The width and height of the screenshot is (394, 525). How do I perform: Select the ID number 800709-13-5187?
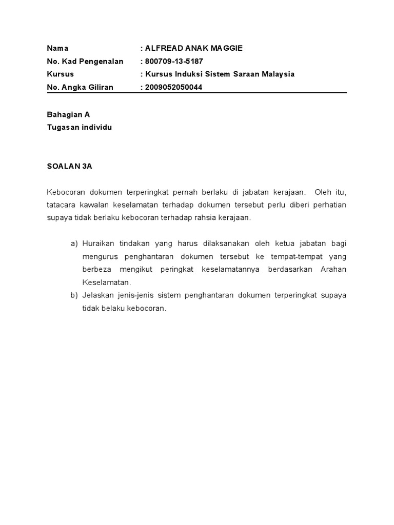pos(174,62)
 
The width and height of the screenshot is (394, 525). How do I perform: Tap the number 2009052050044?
pos(174,87)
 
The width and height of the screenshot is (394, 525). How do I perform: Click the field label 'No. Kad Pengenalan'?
pos(85,62)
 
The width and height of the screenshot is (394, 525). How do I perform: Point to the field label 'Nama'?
pos(57,48)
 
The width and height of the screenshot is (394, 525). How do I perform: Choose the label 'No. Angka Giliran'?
pos(80,87)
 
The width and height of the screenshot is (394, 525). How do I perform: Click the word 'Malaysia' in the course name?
pos(277,74)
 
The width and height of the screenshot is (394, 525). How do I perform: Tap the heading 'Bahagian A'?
pos(68,114)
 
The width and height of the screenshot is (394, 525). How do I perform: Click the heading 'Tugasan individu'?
pos(79,127)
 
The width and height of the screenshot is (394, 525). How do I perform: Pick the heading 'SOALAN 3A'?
pos(69,167)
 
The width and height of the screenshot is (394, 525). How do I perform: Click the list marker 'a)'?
pos(74,243)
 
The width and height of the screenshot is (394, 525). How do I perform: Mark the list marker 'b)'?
pos(74,296)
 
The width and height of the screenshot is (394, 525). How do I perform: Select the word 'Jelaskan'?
pos(97,296)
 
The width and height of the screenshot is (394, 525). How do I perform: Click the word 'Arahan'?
pos(333,270)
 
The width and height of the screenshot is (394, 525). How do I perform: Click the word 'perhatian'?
pos(328,205)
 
